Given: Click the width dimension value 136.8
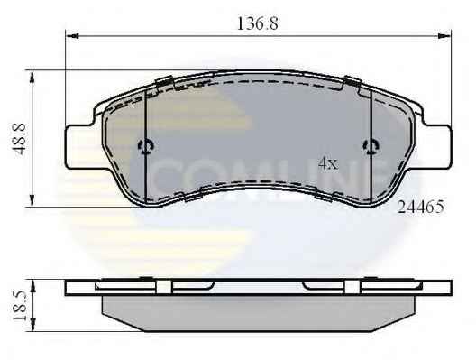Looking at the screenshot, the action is point(258,23).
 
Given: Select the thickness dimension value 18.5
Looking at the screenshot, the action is point(20,306).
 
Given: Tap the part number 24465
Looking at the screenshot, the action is point(421,207).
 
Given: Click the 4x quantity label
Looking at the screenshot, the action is point(328,163).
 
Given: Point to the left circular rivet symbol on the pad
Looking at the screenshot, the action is point(146,147).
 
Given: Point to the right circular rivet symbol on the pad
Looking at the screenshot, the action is point(371,147).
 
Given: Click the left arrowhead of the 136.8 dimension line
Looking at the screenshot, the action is point(72,36).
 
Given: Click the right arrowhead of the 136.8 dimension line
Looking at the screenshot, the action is point(444,36).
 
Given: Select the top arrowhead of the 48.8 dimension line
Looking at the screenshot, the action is point(32,78).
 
